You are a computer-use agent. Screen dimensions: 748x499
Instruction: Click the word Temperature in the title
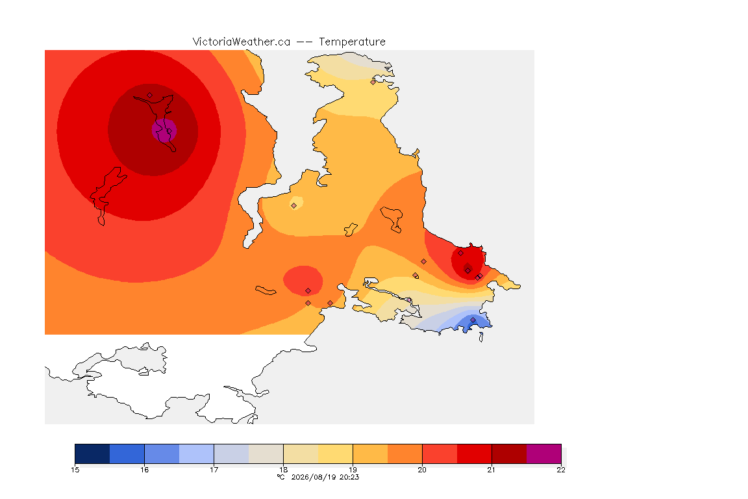click(352, 42)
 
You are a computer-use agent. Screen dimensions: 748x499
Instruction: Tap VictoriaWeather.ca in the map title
click(242, 42)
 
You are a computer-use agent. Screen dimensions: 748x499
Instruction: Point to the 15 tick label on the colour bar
click(75, 470)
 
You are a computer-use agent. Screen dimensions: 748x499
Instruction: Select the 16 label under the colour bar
click(145, 470)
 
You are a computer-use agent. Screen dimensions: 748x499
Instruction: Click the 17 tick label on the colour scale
click(214, 470)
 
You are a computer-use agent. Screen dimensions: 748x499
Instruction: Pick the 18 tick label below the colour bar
click(283, 470)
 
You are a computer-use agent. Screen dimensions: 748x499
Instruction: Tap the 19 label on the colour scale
click(353, 470)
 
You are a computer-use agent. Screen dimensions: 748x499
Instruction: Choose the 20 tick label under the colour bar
click(422, 470)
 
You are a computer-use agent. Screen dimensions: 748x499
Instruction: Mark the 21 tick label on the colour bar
click(492, 470)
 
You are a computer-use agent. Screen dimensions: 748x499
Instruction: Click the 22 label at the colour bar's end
click(561, 470)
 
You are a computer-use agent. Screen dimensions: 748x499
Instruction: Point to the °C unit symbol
click(281, 477)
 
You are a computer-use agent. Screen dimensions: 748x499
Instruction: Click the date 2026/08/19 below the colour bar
click(314, 477)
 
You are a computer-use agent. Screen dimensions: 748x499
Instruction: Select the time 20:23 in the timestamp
click(349, 477)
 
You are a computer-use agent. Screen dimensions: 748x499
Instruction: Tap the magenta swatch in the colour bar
click(544, 454)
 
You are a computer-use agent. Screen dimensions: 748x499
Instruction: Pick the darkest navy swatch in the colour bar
click(93, 454)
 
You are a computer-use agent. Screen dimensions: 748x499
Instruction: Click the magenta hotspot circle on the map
click(164, 130)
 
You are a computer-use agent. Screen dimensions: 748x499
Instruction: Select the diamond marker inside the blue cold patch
click(473, 320)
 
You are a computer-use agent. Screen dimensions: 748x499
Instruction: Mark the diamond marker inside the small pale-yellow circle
click(294, 206)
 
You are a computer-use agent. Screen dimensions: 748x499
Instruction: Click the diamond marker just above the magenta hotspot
click(150, 96)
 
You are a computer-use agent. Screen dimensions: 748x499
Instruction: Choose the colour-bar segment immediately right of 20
click(440, 454)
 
